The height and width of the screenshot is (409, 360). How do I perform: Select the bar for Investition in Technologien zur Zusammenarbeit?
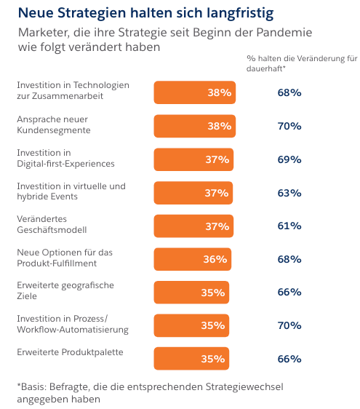click(194, 92)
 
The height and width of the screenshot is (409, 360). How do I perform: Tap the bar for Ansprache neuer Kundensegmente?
click(194, 126)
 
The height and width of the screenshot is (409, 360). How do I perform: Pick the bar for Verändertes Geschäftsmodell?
click(193, 226)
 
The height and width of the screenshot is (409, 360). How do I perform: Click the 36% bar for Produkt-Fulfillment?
click(192, 259)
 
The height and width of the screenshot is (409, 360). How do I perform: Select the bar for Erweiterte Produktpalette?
click(191, 359)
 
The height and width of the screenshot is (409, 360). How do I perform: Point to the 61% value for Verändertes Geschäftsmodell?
click(289, 226)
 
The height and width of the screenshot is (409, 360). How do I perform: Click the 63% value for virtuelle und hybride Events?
click(289, 193)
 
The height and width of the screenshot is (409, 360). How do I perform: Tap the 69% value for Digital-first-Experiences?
click(289, 159)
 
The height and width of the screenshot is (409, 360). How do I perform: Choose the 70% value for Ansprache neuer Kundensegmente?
click(289, 126)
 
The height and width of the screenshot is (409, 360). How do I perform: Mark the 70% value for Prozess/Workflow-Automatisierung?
click(289, 325)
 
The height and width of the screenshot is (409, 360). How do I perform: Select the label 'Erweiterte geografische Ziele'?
click(65, 291)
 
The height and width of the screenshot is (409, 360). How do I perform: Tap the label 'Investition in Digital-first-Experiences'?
click(65, 158)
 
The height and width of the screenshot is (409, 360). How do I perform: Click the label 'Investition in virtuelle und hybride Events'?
click(71, 191)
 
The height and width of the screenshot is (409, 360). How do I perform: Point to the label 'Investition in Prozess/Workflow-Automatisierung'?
click(72, 325)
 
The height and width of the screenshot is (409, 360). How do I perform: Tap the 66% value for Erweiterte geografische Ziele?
click(289, 292)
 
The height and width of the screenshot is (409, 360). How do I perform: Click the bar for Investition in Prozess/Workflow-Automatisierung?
click(191, 325)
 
